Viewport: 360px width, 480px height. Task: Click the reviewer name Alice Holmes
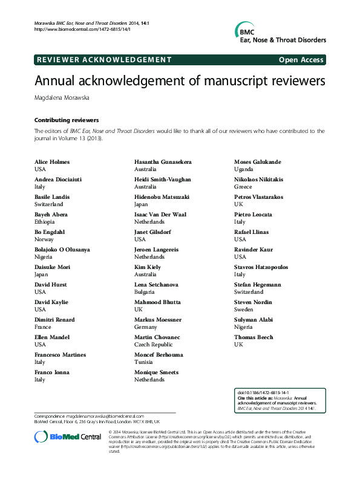coord(51,162)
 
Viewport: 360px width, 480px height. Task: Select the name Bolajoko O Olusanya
coord(62,250)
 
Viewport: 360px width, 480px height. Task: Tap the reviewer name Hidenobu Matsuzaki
coord(162,197)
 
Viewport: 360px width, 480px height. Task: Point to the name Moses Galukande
coord(257,162)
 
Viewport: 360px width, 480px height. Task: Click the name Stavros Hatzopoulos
coord(262,267)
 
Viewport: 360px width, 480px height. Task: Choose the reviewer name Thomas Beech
coord(254,337)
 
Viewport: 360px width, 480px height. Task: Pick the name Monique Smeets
coord(157,372)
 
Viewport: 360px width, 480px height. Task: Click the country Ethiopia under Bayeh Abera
coord(45,222)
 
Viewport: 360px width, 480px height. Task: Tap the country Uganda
coord(244,170)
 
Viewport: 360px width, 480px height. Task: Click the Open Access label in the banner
coord(301,60)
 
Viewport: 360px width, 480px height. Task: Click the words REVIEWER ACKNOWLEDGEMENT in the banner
coord(104,60)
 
